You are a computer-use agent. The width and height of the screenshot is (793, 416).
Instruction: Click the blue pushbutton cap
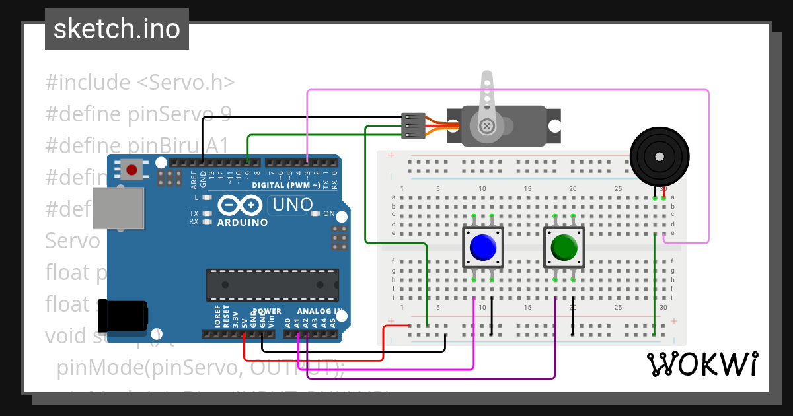click(483, 248)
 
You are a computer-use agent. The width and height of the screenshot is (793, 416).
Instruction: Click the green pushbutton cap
click(564, 248)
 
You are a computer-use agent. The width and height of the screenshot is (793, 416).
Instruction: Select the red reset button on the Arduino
click(132, 170)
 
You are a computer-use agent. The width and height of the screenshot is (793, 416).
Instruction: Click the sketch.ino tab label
click(117, 29)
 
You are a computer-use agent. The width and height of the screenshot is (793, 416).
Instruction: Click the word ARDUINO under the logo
click(243, 223)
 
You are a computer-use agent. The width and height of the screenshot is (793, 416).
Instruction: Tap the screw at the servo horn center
click(488, 125)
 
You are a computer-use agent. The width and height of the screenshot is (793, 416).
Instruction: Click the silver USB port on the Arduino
click(118, 208)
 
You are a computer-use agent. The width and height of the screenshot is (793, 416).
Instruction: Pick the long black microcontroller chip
click(272, 284)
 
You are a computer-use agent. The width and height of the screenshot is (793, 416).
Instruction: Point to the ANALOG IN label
click(320, 311)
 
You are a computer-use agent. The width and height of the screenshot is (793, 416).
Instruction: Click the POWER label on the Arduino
click(267, 311)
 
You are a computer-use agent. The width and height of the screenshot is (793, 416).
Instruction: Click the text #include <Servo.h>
click(140, 83)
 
